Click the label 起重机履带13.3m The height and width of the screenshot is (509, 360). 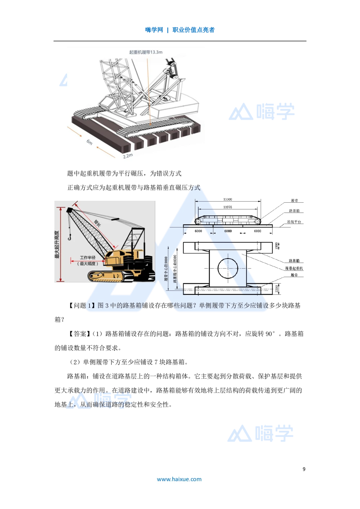(x=146, y=52)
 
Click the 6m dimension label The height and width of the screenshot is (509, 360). (x=89, y=142)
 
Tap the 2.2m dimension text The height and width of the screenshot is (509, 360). (x=128, y=156)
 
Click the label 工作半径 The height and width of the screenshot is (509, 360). (x=87, y=258)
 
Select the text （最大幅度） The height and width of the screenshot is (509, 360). (x=87, y=263)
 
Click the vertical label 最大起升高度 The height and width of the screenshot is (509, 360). (x=57, y=245)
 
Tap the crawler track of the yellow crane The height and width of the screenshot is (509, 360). (x=106, y=276)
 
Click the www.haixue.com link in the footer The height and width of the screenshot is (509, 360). (x=179, y=479)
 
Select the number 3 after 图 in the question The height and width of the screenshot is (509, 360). (x=107, y=306)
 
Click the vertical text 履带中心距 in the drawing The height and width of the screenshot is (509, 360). (x=166, y=272)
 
